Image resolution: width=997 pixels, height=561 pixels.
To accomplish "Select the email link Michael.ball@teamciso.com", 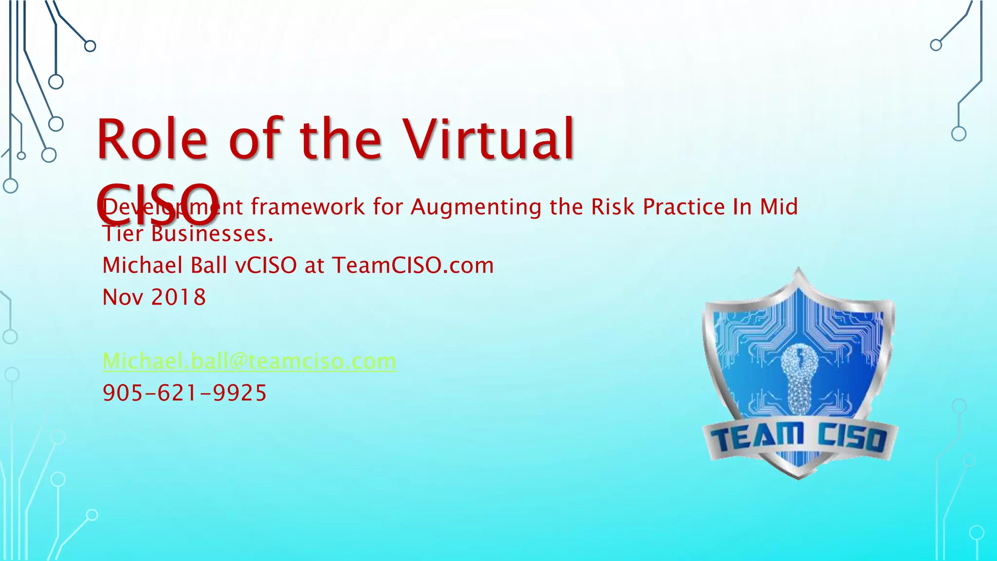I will (249, 361).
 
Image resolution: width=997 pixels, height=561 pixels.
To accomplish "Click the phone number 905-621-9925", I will (185, 393).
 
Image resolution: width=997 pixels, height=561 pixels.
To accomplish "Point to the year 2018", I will (179, 297).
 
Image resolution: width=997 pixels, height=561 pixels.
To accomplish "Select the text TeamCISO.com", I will (413, 265).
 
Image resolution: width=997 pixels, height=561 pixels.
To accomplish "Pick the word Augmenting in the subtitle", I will (476, 207).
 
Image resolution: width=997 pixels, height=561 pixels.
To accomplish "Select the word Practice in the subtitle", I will (684, 207).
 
